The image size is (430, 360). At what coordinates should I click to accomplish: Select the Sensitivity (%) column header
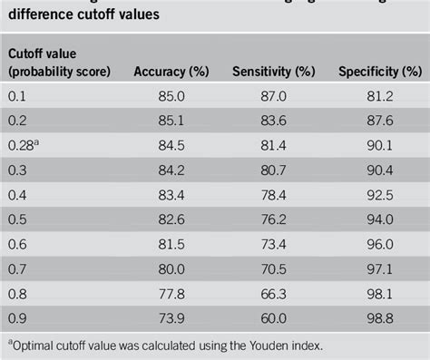(273, 71)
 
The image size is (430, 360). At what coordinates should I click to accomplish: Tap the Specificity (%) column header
(375, 71)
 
